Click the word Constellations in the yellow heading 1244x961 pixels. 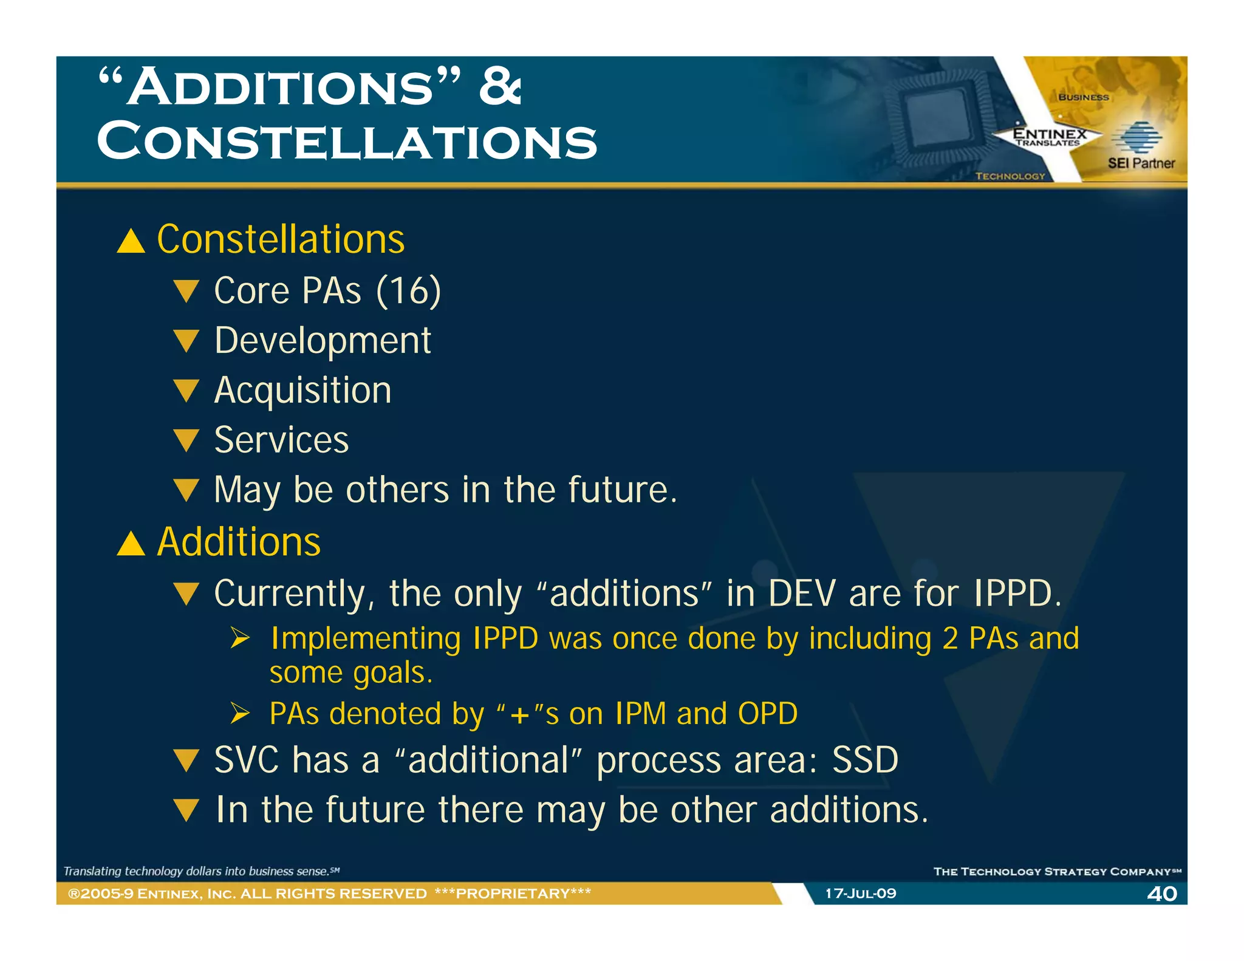tap(281, 239)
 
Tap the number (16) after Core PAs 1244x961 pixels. tap(408, 291)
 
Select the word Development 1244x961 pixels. tap(323, 341)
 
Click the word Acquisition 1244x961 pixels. tap(302, 391)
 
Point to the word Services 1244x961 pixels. tap(281, 440)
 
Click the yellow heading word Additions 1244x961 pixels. tap(239, 542)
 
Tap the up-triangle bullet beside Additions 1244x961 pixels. tap(131, 543)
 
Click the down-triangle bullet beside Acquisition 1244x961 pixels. tap(186, 391)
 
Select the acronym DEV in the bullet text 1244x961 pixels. tap(802, 593)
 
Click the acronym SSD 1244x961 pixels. tap(865, 760)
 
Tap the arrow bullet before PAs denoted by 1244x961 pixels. tap(241, 713)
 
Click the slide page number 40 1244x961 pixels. tap(1161, 894)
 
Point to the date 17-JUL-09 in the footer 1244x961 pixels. tap(860, 894)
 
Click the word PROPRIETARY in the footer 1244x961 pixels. tap(513, 894)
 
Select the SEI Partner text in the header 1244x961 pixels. tap(1141, 163)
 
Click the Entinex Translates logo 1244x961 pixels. tap(1049, 137)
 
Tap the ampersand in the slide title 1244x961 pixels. tap(499, 87)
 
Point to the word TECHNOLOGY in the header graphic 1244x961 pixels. tap(1010, 176)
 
